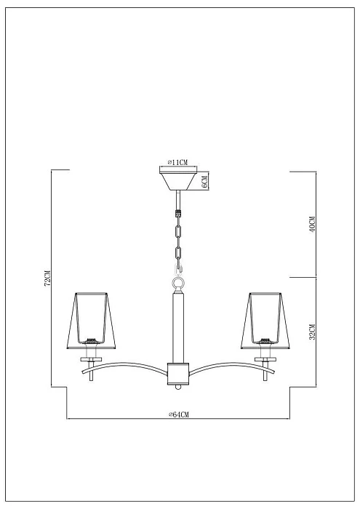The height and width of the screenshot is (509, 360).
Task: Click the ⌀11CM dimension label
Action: [178, 161]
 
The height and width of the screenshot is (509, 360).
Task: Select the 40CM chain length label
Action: [311, 225]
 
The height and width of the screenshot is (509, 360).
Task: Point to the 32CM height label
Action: [311, 332]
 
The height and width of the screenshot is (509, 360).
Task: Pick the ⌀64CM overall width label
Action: [178, 414]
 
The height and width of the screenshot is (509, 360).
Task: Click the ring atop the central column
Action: [178, 280]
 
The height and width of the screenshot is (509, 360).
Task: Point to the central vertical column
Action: [178, 324]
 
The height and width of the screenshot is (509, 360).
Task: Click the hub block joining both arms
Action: [178, 372]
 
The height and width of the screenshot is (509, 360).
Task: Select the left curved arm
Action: [131, 367]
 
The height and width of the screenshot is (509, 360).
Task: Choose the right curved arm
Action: [225, 367]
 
